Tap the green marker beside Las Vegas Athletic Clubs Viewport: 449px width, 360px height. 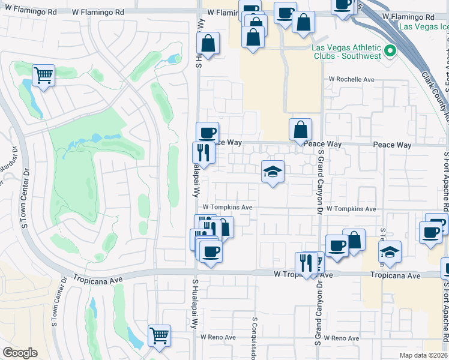click(391, 50)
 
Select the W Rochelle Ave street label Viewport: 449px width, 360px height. click(351, 79)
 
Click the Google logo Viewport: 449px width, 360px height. click(20, 353)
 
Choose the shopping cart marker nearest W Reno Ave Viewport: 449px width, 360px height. click(159, 335)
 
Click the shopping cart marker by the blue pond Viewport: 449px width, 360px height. click(43, 76)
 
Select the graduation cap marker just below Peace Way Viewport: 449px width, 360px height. click(273, 172)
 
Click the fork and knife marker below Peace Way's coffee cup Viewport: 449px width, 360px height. click(203, 152)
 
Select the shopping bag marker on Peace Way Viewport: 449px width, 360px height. click(300, 129)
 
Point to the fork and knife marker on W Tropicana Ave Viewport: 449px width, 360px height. click(306, 263)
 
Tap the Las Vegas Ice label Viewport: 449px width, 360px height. click(423, 26)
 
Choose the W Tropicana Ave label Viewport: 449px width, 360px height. click(303, 275)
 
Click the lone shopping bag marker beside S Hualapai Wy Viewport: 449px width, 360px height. click(208, 44)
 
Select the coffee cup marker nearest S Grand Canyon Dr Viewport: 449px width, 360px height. click(337, 245)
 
